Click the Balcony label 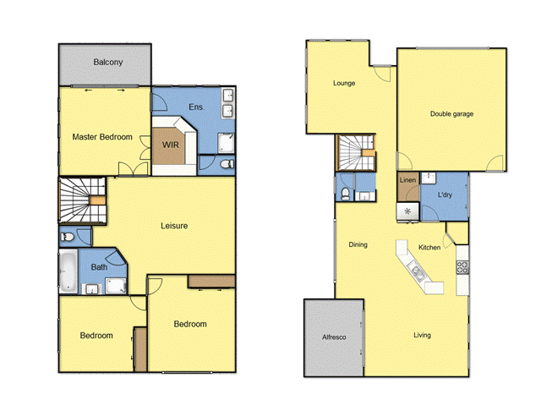point(107,63)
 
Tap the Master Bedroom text point(101,137)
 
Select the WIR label point(170,145)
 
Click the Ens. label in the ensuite point(196,107)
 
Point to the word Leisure point(174,226)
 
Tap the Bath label point(99,267)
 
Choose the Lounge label point(343,84)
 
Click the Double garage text point(451,113)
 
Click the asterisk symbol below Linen point(408,211)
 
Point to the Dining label point(358,245)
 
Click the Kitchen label point(429,248)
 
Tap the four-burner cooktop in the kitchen point(462,267)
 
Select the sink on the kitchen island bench point(416,272)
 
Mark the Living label point(422,336)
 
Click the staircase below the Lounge point(354,153)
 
